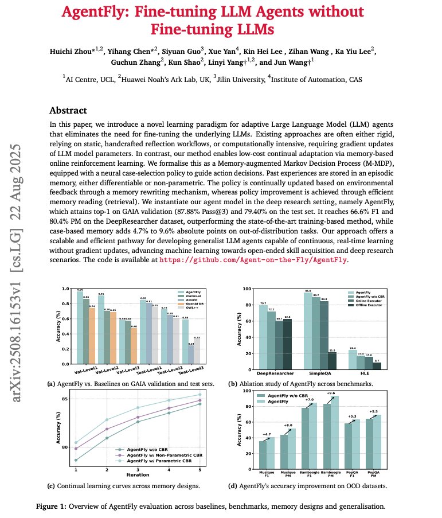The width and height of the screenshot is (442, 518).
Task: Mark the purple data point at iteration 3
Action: [x=138, y=417]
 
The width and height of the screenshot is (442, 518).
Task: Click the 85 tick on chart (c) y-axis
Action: [x=68, y=399]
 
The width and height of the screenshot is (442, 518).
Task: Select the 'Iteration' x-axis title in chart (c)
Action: [x=138, y=475]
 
